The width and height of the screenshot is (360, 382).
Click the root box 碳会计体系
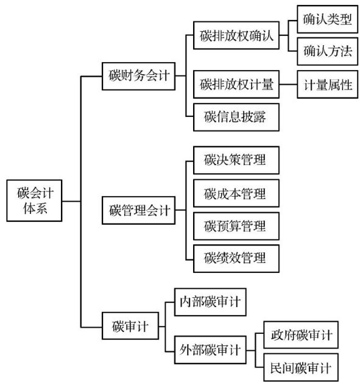pyautogui.click(x=34, y=200)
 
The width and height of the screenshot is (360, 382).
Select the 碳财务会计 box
pyautogui.click(x=138, y=76)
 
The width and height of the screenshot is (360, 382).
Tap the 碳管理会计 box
pyautogui.click(x=138, y=210)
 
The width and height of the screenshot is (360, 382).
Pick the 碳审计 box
pyautogui.click(x=130, y=326)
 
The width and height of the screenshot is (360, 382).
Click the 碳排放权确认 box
pyautogui.click(x=236, y=35)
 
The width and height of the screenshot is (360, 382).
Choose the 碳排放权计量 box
pyautogui.click(x=236, y=84)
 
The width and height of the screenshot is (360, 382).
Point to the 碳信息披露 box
pyautogui.click(x=236, y=117)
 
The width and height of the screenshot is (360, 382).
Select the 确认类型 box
pyautogui.click(x=327, y=19)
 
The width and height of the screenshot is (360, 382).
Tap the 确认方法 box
pyautogui.click(x=327, y=51)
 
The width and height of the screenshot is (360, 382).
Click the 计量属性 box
pyautogui.click(x=327, y=84)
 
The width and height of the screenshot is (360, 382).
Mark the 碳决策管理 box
pyautogui.click(x=236, y=160)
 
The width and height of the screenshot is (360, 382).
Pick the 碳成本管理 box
pyautogui.click(x=236, y=193)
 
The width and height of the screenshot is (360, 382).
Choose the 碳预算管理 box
pyautogui.click(x=236, y=226)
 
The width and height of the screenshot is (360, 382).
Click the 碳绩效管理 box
pyautogui.click(x=236, y=258)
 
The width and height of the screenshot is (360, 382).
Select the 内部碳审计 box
pyautogui.click(x=210, y=302)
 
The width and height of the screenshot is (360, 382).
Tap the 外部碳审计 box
pyautogui.click(x=210, y=350)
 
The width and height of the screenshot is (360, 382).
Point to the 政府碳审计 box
pyautogui.click(x=301, y=335)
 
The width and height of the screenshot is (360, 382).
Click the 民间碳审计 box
pyautogui.click(x=301, y=367)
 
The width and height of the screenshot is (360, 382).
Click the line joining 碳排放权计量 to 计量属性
pyautogui.click(x=288, y=85)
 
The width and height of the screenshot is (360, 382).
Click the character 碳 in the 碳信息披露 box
pyautogui.click(x=210, y=117)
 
